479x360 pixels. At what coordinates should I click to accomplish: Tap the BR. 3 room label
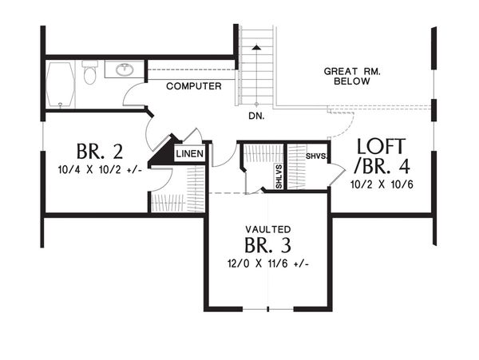[x=267, y=244]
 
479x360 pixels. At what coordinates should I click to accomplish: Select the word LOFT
[x=382, y=147]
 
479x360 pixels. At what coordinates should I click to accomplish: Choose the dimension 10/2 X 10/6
[x=380, y=184]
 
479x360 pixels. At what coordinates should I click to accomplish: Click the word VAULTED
[x=268, y=228]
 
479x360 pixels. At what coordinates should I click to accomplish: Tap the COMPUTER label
[x=193, y=86]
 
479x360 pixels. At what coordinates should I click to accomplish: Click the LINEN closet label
[x=189, y=154]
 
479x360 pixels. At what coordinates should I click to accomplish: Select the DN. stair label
[x=256, y=116]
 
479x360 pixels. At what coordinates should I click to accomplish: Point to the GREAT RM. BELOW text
[x=352, y=77]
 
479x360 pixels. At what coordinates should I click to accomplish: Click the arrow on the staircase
[x=256, y=49]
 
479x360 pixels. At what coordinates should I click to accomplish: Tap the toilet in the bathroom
[x=89, y=74]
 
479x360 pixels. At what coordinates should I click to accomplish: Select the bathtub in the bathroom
[x=61, y=84]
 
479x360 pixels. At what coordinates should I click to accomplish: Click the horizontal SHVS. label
[x=315, y=156]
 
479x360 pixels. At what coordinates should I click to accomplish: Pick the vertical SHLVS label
[x=279, y=176]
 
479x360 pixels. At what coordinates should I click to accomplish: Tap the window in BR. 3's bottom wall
[x=268, y=310]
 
